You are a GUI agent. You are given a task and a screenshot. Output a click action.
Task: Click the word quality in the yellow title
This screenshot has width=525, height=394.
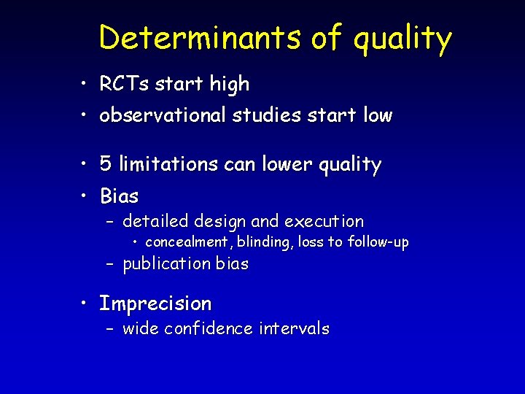(402, 38)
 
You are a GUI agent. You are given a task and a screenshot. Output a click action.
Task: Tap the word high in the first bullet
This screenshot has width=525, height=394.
(229, 85)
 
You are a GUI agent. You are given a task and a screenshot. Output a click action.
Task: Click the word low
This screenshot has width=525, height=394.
(375, 115)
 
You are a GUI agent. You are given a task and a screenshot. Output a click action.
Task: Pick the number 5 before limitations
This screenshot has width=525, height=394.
(106, 165)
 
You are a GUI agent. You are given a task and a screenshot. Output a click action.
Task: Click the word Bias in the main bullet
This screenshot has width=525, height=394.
(119, 196)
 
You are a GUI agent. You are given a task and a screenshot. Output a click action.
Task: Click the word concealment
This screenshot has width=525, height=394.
(186, 242)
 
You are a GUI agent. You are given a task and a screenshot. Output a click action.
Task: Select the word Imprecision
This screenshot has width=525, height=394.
(155, 304)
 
